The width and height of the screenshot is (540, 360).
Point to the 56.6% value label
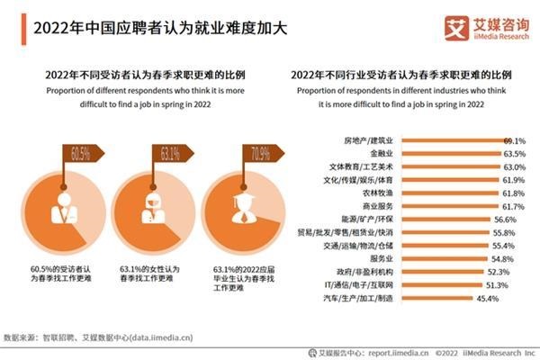click(x=505, y=220)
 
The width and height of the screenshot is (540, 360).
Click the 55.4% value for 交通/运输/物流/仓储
click(x=503, y=246)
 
